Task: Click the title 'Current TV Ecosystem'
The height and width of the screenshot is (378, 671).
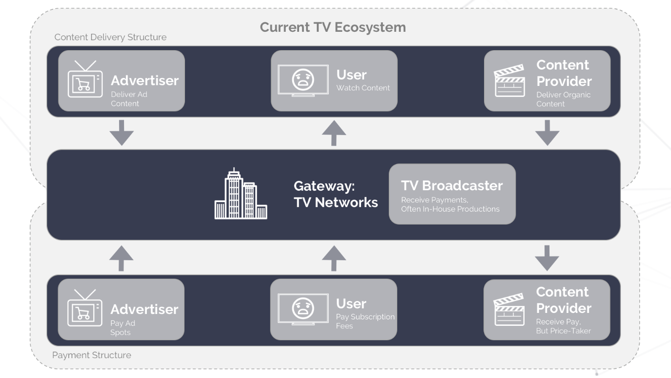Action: (333, 27)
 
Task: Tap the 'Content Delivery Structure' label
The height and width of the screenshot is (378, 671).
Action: (110, 37)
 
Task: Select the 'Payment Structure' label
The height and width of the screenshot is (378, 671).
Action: (92, 355)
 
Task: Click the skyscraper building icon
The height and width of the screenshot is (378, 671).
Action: (241, 194)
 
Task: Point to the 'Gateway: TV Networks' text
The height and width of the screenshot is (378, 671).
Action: (336, 194)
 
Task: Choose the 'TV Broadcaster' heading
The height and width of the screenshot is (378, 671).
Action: (452, 186)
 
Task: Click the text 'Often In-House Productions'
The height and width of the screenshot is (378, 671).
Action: (450, 209)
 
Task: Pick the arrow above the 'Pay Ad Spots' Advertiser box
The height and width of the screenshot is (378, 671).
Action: (122, 258)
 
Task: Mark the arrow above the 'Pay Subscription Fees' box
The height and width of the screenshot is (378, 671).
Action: (334, 258)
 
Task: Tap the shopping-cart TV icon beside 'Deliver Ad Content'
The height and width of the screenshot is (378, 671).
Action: (85, 79)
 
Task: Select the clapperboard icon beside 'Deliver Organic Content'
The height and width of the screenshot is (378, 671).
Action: (510, 80)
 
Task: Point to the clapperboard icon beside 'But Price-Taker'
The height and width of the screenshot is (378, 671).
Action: (509, 309)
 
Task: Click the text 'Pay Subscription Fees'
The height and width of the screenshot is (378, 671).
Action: (366, 321)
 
